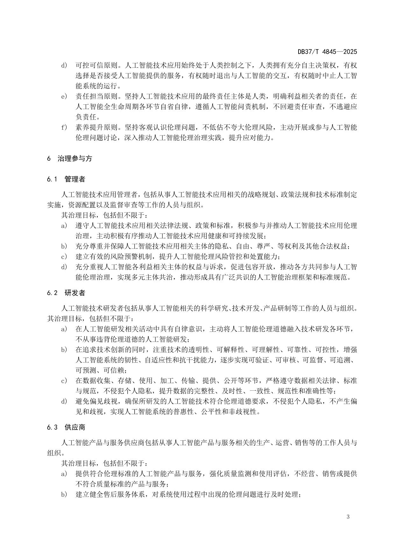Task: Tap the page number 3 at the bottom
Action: [348, 517]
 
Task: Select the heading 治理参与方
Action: [75, 158]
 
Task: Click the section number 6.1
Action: [52, 179]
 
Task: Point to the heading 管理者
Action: [75, 179]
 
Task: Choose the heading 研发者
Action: [75, 293]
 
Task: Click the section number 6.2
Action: [52, 293]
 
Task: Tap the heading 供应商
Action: [75, 427]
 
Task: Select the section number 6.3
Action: [52, 427]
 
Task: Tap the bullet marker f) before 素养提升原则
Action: [64, 128]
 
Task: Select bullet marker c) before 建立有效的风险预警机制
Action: [64, 257]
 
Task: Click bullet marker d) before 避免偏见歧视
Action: [64, 401]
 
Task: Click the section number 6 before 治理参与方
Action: [49, 158]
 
